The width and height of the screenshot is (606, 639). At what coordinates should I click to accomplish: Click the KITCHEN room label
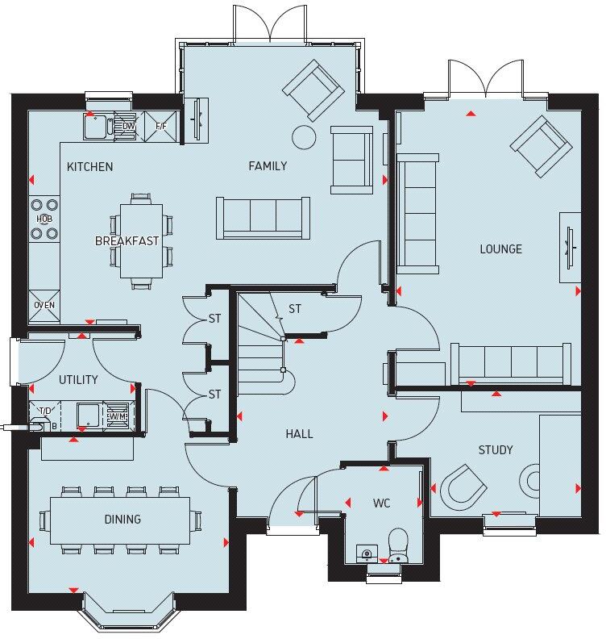point(89,167)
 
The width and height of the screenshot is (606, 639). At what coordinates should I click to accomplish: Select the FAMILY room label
point(268,166)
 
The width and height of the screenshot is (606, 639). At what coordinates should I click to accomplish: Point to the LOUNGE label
point(500,248)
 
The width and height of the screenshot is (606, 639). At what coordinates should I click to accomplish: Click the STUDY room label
point(495,449)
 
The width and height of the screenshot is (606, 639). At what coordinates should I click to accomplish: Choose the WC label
point(381,503)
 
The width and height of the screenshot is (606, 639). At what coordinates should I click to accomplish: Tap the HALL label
point(299,433)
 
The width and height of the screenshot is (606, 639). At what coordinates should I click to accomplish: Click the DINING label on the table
point(122,519)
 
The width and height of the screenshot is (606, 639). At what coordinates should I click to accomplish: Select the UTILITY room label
point(78,379)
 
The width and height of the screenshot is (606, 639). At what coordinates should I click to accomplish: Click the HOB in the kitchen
point(44,219)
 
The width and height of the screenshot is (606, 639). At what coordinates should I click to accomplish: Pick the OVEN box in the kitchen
point(44,305)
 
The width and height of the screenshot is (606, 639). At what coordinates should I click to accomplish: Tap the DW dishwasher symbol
point(128,126)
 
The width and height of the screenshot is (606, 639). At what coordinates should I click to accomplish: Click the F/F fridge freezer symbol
point(160,126)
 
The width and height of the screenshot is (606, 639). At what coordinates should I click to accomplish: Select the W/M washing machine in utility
point(118,416)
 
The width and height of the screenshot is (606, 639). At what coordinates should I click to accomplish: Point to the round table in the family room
point(304,137)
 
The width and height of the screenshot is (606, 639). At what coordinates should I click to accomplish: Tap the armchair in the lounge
point(539,146)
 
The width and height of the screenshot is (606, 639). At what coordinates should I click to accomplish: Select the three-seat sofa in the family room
point(264,217)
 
